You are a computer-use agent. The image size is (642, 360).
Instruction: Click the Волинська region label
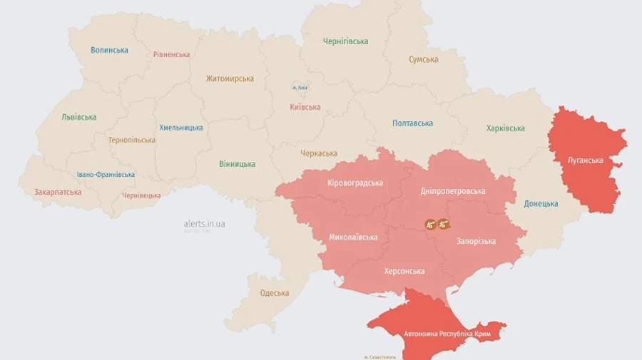pos(109,50)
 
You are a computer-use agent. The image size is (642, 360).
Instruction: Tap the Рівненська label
pos(171,54)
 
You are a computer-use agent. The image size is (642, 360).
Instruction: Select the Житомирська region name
pos(230,78)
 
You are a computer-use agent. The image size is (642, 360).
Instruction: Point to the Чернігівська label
pos(345,41)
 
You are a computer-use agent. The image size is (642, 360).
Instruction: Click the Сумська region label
pos(423,59)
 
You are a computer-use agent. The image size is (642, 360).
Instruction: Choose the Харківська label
pos(505,128)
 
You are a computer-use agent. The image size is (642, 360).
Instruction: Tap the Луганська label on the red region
pos(585,160)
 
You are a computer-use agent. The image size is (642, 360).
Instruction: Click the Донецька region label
pos(541,204)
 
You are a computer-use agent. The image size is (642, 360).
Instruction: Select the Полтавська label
pos(412,123)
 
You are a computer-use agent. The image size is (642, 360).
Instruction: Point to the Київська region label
pos(305,107)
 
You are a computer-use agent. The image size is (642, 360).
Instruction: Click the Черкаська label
pos(319,153)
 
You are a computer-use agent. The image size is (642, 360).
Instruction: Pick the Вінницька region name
pos(237,164)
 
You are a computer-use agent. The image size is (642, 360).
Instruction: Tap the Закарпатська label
pos(58,192)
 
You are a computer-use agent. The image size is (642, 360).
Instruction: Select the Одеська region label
pos(275,293)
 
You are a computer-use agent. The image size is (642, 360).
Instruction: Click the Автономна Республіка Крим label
pos(447,334)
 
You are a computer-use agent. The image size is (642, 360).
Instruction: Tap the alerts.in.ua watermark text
pos(204,224)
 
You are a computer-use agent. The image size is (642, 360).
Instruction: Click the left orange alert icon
pos(430,224)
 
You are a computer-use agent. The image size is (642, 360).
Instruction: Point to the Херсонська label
pos(404,271)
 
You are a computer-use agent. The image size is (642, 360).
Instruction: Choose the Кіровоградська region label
pos(355,183)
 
